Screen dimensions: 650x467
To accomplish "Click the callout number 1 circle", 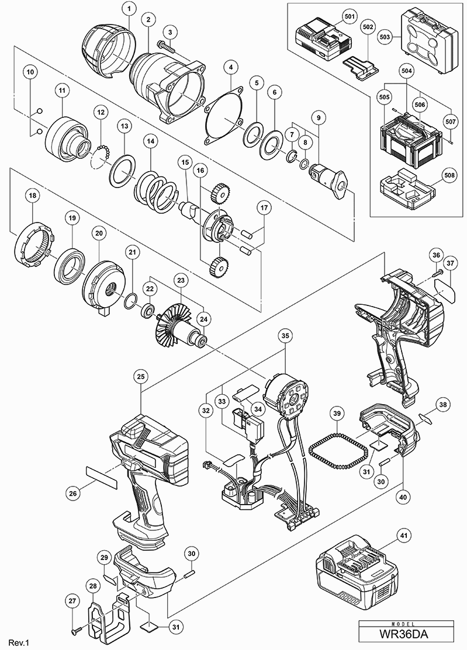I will coord(129,9).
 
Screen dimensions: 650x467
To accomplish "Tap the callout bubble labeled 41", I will coord(402,534).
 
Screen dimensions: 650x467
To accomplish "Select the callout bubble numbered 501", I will coord(350,17).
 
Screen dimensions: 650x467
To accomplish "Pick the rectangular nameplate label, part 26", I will coord(102,477).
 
